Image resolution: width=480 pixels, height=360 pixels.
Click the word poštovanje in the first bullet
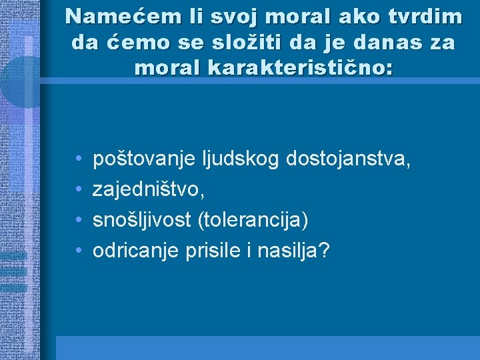(142, 159)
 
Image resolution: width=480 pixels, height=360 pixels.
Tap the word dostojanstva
(348, 159)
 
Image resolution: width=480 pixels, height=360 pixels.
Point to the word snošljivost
(143, 220)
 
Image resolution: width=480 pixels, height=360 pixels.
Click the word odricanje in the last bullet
(133, 251)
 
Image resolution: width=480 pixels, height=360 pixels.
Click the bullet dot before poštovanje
(79, 159)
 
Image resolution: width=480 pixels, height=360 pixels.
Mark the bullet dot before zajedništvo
(79, 190)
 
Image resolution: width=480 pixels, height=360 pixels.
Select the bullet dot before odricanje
(79, 251)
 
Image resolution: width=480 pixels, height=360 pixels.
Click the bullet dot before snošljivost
(79, 221)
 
